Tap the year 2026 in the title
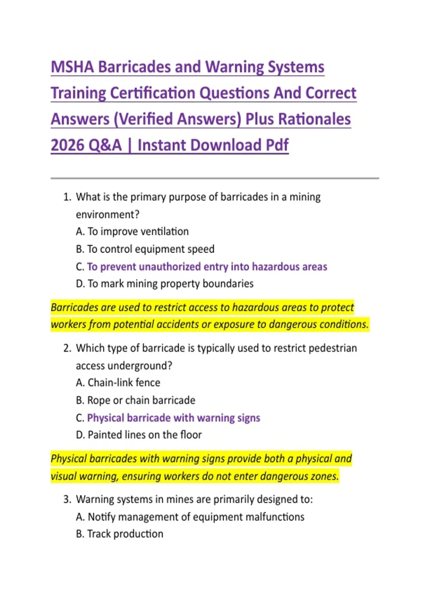[x=68, y=145]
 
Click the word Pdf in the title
[x=277, y=145]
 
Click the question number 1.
[x=67, y=197]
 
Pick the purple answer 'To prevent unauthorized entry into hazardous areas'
[x=207, y=266]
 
